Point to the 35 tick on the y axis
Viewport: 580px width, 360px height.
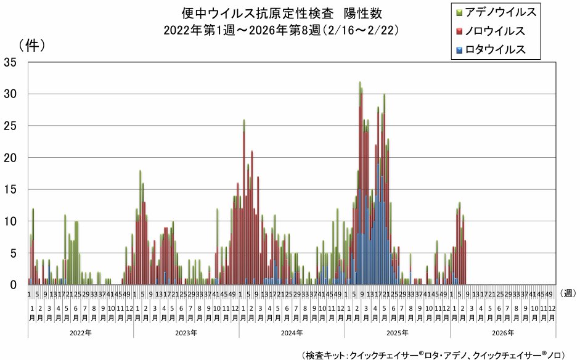tap(10, 62)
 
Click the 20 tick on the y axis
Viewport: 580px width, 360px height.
tap(10, 157)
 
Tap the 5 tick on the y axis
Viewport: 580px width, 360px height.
tap(14, 253)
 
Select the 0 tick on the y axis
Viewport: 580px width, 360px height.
tap(14, 285)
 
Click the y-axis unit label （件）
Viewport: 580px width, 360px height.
tap(31, 45)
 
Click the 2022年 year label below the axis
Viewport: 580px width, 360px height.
tap(81, 333)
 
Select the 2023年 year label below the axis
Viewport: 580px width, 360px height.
tap(186, 333)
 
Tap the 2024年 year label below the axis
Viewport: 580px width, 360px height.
tap(292, 333)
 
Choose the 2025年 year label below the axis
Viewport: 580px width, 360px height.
tap(398, 333)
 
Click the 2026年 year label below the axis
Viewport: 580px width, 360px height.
tap(503, 333)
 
